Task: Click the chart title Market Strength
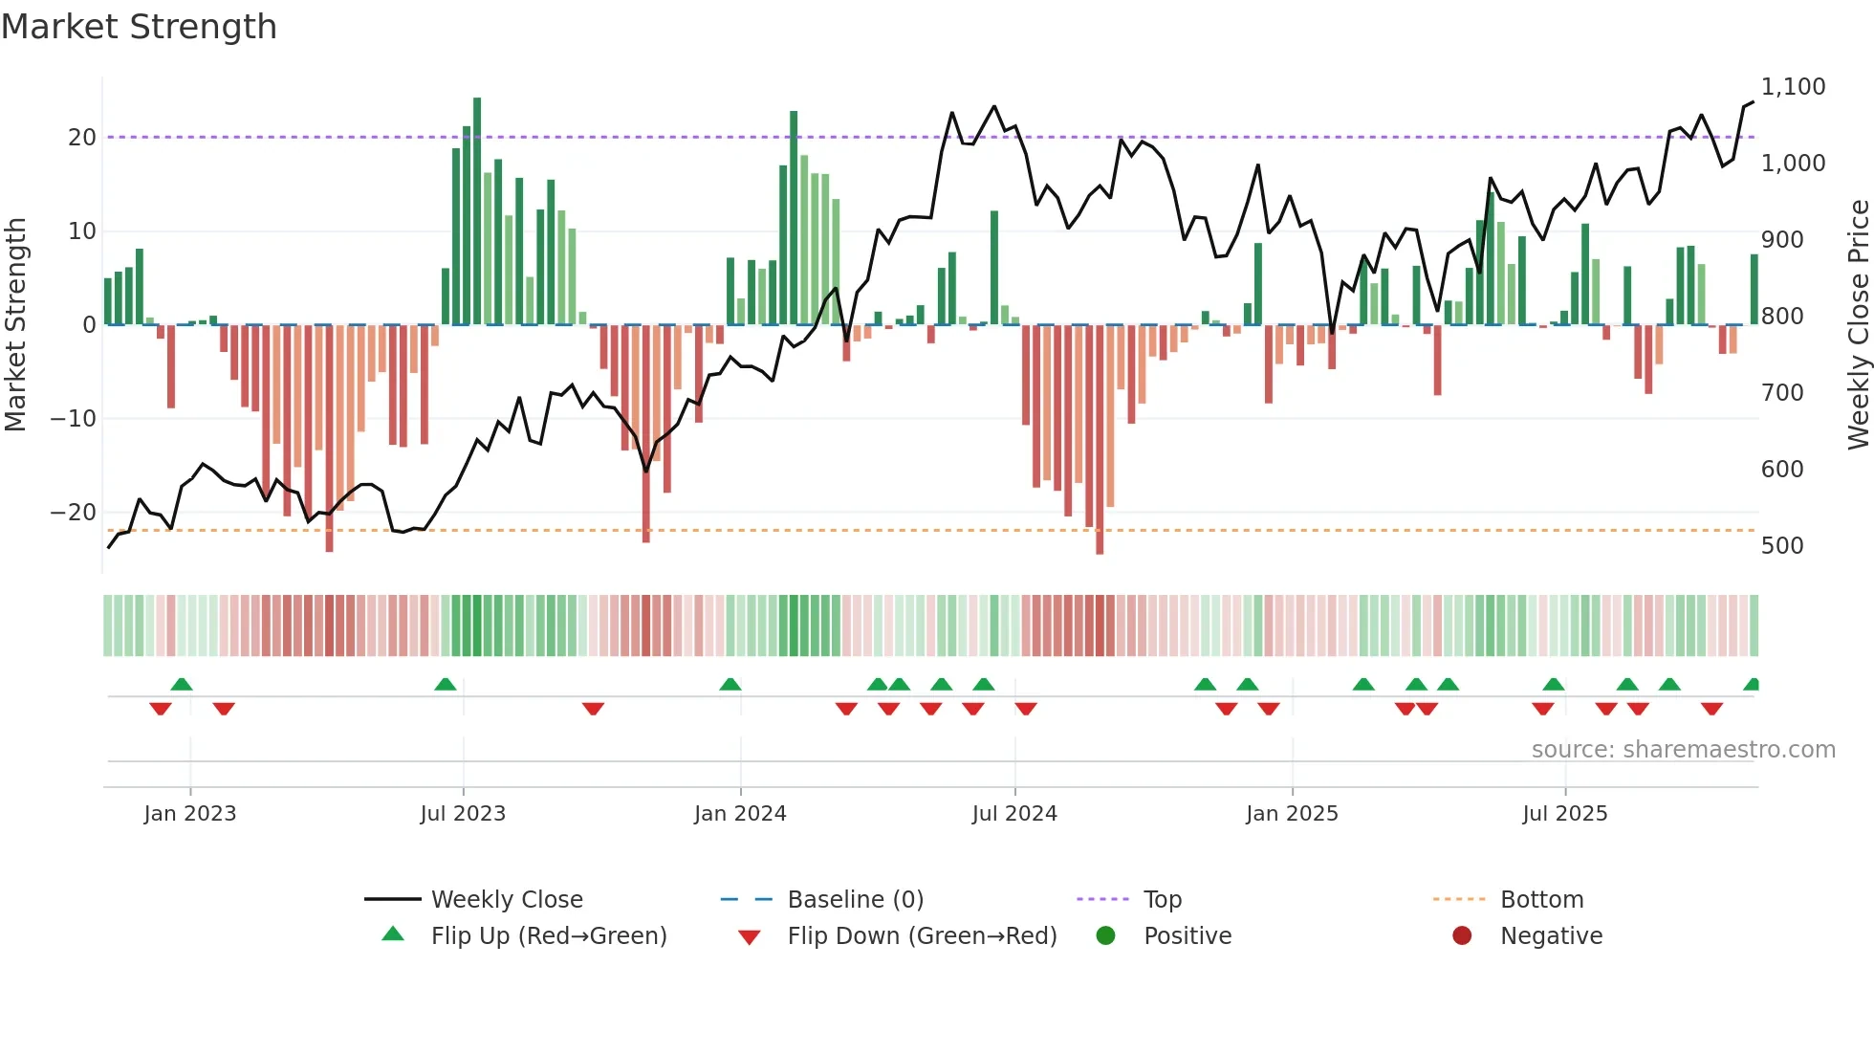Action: click(139, 27)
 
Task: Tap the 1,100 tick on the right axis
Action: click(1793, 87)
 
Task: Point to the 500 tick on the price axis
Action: click(1781, 546)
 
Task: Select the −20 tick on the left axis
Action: click(74, 513)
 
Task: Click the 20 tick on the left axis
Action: click(81, 138)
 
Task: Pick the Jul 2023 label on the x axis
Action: click(463, 814)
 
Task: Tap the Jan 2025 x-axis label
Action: click(1292, 814)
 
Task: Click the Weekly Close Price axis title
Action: click(1858, 325)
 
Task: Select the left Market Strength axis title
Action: click(15, 325)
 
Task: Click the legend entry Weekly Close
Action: click(506, 900)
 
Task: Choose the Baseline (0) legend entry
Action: click(855, 900)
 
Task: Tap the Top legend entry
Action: click(1162, 900)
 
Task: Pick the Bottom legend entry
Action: click(1541, 900)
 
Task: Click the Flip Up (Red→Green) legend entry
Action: click(548, 936)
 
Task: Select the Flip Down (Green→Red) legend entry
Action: click(922, 936)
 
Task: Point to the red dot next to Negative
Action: click(1462, 936)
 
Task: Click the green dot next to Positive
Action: click(1106, 936)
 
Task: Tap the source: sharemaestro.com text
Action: click(1683, 750)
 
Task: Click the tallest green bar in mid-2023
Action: click(477, 210)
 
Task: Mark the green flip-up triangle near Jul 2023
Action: click(445, 684)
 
